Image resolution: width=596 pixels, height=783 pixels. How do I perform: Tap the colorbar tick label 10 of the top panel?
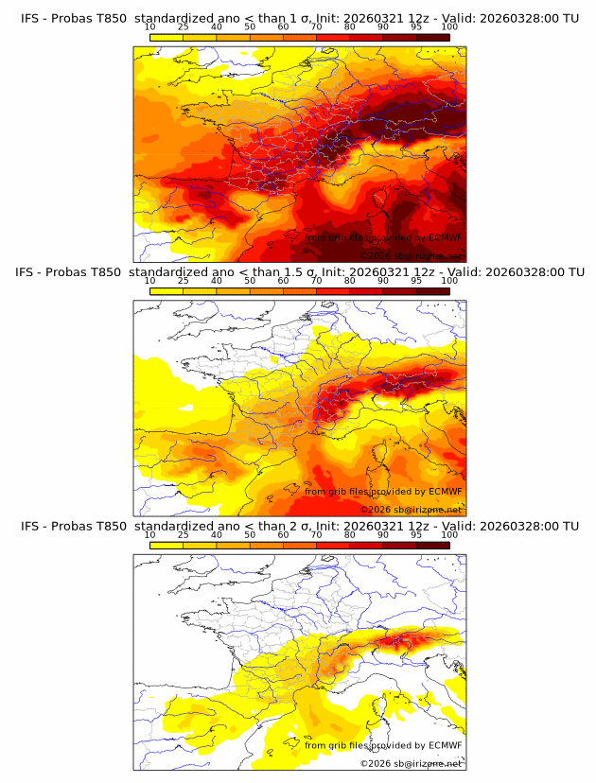tap(149, 27)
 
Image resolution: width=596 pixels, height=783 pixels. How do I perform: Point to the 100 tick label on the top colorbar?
tap(449, 27)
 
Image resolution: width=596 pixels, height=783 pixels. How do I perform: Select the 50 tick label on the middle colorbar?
tap(250, 281)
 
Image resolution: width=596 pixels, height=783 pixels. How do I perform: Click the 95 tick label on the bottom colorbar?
tap(416, 535)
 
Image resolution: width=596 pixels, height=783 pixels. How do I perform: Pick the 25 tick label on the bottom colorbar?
tap(183, 535)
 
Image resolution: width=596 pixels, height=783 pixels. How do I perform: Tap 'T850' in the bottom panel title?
tap(110, 526)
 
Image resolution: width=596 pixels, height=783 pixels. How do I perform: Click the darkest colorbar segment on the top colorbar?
tap(433, 38)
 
